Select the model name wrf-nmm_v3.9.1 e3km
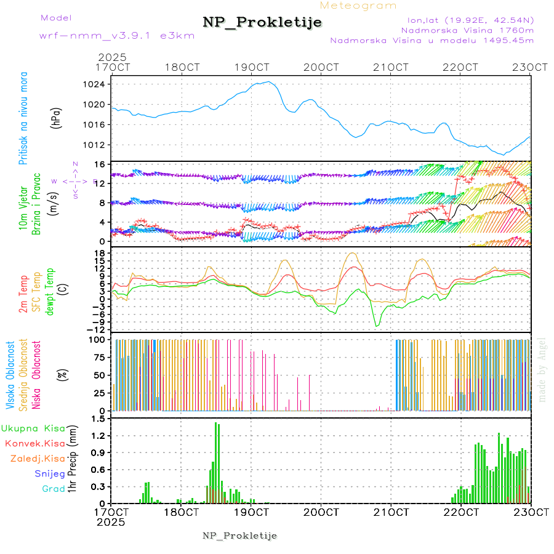tap(117, 35)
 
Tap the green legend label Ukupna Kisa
tap(33, 428)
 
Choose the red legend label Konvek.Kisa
tap(34, 443)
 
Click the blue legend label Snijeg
tap(49, 473)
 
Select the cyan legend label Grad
tap(54, 489)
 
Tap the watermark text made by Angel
tap(542, 369)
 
